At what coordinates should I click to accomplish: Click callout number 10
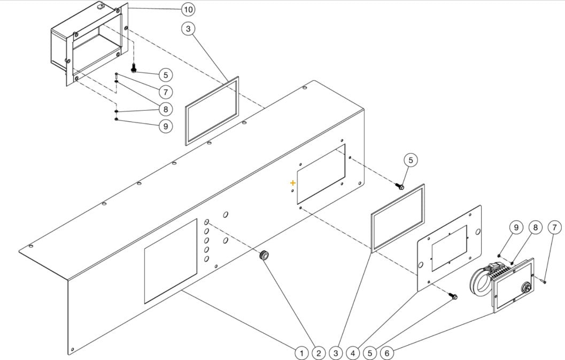point(188,10)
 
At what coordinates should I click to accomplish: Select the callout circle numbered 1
point(301,353)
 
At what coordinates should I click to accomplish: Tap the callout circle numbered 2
point(319,353)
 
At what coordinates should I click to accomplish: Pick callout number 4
point(353,353)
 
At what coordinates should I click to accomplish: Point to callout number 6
point(387,353)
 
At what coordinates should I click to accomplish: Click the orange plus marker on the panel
point(292,183)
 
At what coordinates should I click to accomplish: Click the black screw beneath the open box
point(134,68)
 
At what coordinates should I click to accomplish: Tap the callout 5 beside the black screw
point(165,75)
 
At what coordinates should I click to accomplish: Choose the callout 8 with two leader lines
point(165,109)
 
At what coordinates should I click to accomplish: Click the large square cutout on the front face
point(171,261)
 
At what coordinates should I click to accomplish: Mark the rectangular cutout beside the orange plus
point(321,173)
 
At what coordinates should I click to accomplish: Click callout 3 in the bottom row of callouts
point(336,353)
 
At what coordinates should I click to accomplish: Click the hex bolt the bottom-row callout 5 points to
point(453,296)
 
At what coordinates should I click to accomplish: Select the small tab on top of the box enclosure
point(100,6)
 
